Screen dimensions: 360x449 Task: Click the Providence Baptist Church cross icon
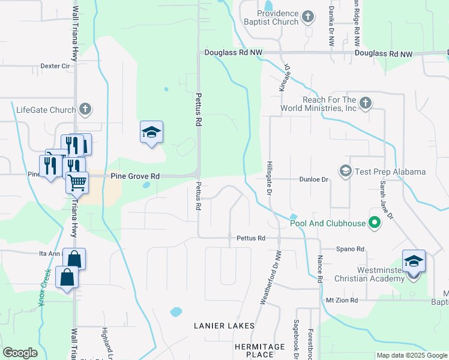[308, 17]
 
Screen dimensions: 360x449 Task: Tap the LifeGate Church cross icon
[85, 109]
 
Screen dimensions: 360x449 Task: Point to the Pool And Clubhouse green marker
[375, 224]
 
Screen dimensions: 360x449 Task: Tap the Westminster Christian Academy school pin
[414, 261]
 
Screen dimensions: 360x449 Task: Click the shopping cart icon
[77, 182]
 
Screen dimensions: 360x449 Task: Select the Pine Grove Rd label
[135, 176]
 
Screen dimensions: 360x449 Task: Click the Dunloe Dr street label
[314, 179]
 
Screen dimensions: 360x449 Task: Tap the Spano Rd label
[351, 249]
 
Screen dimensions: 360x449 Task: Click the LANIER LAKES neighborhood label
[224, 325]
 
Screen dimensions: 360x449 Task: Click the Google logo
[20, 353]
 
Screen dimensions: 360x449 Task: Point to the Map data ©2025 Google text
[411, 356]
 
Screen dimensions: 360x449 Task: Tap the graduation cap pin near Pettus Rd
[152, 133]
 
